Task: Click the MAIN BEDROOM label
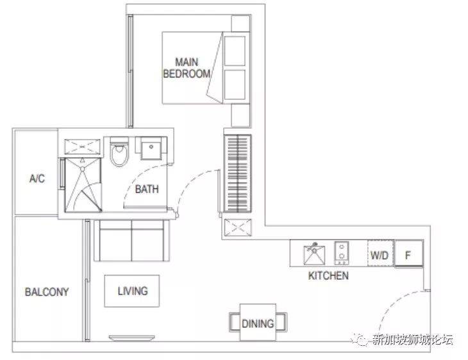click(x=187, y=68)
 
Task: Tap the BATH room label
click(x=147, y=189)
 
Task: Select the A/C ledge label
click(x=37, y=178)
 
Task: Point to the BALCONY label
click(x=47, y=291)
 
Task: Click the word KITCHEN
click(x=328, y=275)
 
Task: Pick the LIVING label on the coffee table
click(x=133, y=291)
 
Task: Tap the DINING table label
click(x=258, y=323)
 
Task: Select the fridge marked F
click(x=408, y=254)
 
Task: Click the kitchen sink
click(x=314, y=254)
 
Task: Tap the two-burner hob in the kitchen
click(x=342, y=253)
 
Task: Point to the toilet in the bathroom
click(x=119, y=151)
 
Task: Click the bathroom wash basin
click(x=151, y=149)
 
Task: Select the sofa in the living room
click(x=131, y=240)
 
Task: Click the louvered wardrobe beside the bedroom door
click(x=238, y=174)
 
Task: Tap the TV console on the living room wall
click(x=132, y=338)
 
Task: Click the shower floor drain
click(x=82, y=169)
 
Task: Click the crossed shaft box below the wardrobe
click(x=238, y=227)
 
